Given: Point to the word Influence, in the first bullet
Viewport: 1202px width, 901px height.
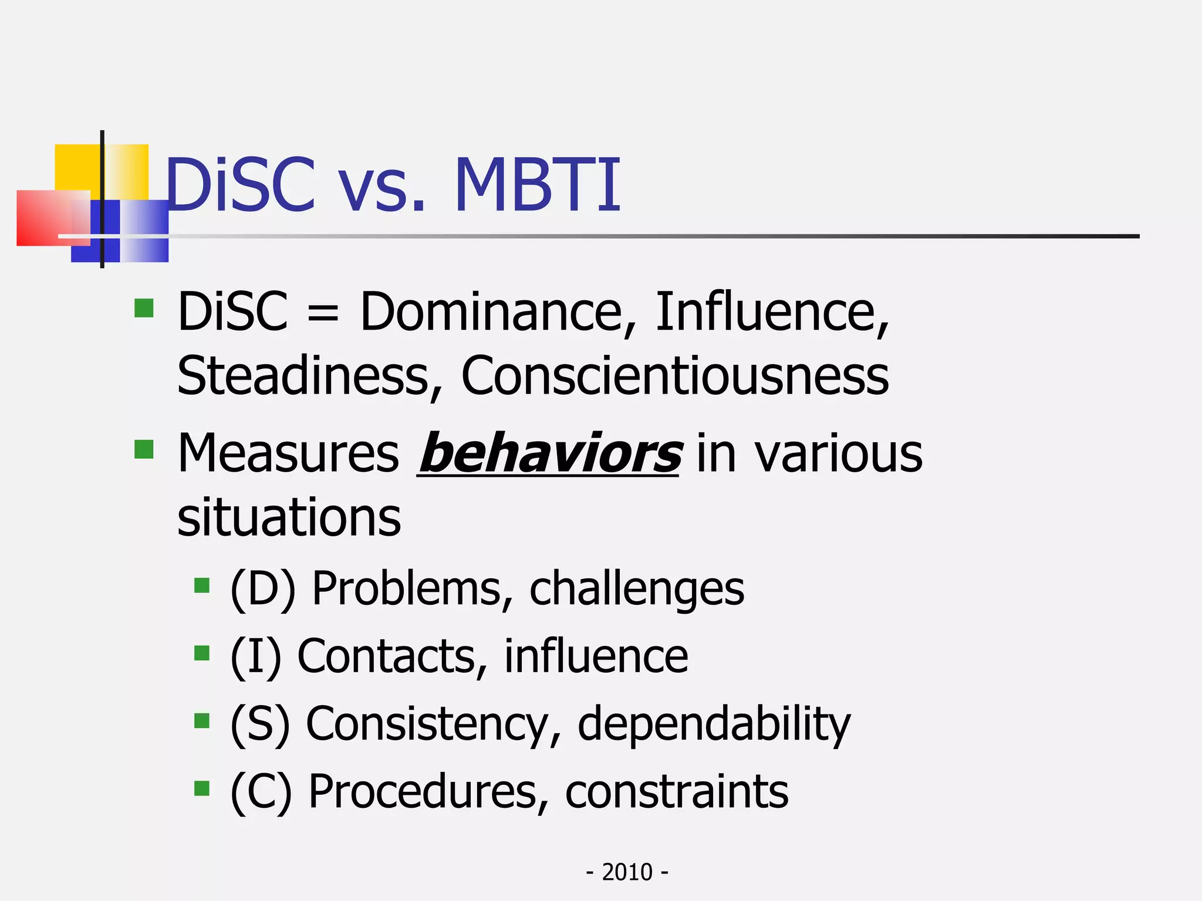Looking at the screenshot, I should coord(771,311).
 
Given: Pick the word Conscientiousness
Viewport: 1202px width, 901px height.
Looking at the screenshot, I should coord(675,375).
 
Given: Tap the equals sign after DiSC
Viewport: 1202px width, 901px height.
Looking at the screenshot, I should coord(323,313).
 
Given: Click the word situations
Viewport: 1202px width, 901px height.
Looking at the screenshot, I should coord(289,517).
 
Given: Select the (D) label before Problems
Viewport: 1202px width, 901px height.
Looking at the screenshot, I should coord(264,588).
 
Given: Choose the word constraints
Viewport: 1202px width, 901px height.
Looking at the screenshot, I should coord(677,791).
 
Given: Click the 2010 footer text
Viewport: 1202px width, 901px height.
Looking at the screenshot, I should coord(627,872).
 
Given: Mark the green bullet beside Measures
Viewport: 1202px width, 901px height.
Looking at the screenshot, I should coord(144,449).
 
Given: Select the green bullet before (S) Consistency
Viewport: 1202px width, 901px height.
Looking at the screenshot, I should coord(202,720).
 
